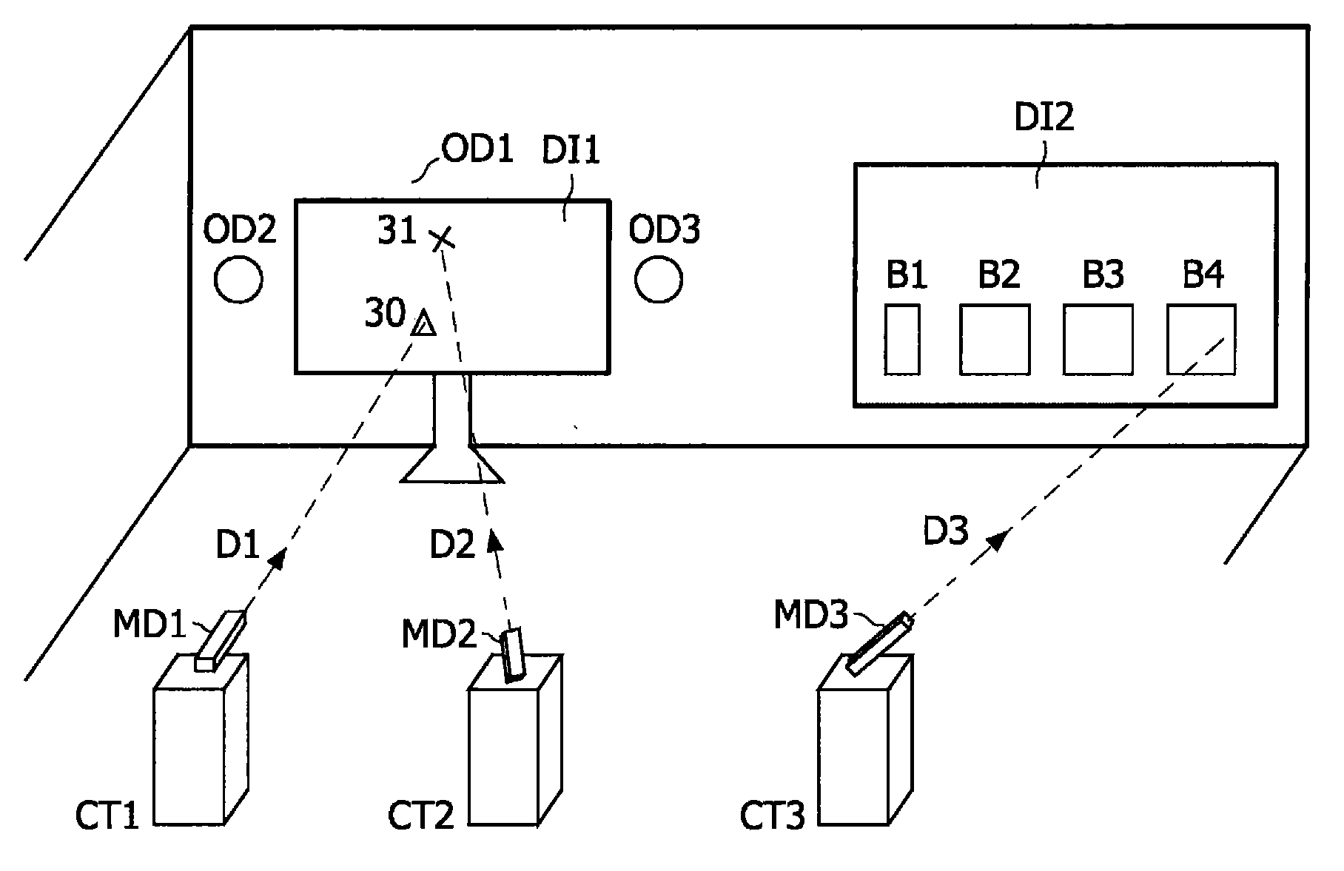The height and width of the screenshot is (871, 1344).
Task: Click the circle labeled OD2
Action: [x=238, y=279]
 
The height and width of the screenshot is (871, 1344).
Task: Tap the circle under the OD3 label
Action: [x=659, y=279]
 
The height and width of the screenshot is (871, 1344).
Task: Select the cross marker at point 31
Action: [x=443, y=238]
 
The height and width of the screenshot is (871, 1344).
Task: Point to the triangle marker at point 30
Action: [x=423, y=325]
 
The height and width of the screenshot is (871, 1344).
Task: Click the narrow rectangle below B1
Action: [x=902, y=339]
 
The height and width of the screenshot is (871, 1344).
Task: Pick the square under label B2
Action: [x=995, y=339]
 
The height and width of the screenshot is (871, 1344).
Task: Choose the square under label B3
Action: [x=1098, y=339]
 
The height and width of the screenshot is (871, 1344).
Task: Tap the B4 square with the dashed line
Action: [x=1200, y=339]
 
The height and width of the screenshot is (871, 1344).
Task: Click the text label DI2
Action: [x=1044, y=118]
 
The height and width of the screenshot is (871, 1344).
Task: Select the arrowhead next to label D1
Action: [x=278, y=559]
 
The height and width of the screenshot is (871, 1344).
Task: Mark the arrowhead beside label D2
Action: [x=494, y=543]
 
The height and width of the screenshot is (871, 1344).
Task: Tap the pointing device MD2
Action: [x=512, y=654]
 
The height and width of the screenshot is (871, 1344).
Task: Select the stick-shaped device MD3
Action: [x=879, y=643]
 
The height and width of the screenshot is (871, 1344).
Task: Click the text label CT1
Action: [x=107, y=816]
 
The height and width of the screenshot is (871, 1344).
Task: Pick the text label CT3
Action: [x=772, y=816]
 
